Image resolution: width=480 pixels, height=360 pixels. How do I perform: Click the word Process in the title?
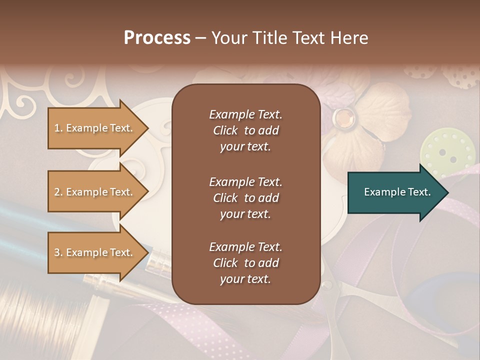(x=157, y=38)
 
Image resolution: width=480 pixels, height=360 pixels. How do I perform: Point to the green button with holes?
(x=447, y=149)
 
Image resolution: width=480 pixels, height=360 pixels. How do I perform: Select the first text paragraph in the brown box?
(x=245, y=130)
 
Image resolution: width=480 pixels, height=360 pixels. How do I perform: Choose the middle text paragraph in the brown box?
(x=245, y=198)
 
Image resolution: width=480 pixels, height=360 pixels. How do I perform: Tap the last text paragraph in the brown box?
(x=245, y=263)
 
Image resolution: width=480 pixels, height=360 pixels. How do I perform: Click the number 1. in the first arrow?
(x=58, y=128)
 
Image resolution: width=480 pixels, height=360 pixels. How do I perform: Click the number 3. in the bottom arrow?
(x=58, y=252)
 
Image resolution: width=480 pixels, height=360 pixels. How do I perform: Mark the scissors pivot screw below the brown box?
(x=327, y=286)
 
